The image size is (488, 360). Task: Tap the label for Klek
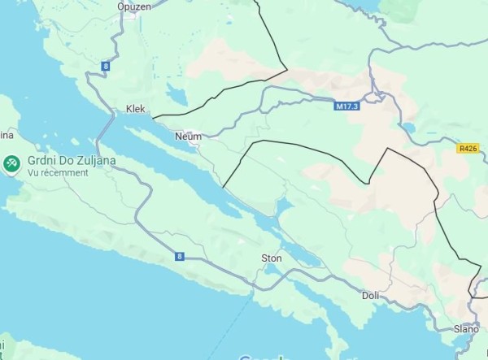click(135, 108)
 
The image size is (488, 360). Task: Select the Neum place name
click(187, 136)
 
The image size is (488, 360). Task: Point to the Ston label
click(271, 258)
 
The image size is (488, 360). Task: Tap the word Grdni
click(41, 160)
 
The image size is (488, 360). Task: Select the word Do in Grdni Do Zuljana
click(68, 160)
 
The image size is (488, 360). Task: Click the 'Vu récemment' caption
click(58, 173)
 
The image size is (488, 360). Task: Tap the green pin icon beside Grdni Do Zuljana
click(11, 164)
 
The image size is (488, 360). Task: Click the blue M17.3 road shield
click(346, 106)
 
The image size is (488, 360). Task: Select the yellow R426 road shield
click(468, 148)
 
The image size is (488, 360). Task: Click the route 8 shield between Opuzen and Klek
click(106, 65)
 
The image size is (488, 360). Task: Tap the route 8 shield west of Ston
click(179, 257)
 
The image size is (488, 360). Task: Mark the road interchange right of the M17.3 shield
click(375, 98)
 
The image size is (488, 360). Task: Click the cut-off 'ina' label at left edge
click(7, 133)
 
